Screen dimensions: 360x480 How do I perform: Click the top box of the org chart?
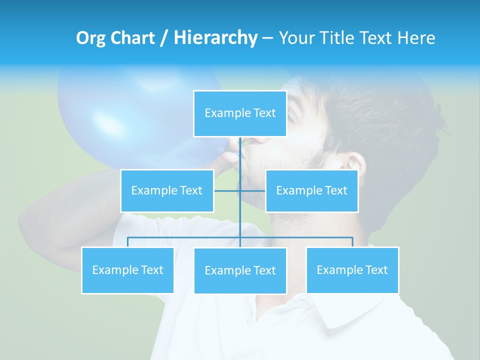pos(240,113)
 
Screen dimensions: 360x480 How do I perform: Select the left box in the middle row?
pos(167,190)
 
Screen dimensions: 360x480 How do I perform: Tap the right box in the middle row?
pos(311,190)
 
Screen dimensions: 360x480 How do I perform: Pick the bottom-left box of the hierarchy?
pos(127,270)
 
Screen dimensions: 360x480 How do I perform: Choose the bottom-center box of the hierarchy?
pos(240,270)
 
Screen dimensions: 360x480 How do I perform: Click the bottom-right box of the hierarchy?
pos(352,270)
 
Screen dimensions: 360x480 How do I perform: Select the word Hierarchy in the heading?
pos(215,38)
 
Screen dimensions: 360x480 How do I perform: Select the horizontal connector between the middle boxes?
pos(240,190)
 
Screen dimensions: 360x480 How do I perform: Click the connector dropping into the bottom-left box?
pos(127,242)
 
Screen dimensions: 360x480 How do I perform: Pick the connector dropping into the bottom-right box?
pos(352,242)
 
